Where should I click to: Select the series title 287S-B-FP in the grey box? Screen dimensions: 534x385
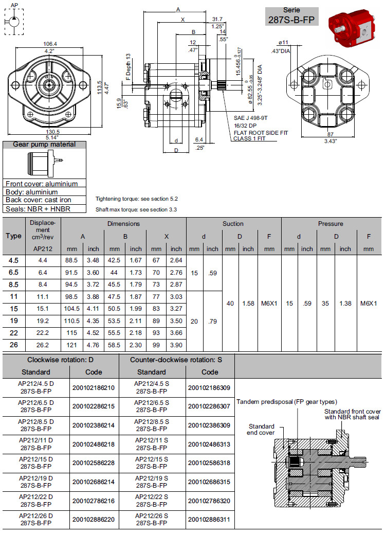pyautogui.click(x=291, y=20)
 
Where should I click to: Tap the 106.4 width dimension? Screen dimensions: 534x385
pyautogui.click(x=50, y=44)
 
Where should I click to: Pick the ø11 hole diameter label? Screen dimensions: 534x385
pyautogui.click(x=284, y=42)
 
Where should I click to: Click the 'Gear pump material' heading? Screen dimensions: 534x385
pyautogui.click(x=44, y=145)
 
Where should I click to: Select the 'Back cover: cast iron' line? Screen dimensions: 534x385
pyautogui.click(x=39, y=200)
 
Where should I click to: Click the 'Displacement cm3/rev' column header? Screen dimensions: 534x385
pyautogui.click(x=43, y=230)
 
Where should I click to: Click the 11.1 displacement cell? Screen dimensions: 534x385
pyautogui.click(x=43, y=297)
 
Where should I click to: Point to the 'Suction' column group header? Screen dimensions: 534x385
pyautogui.click(x=233, y=224)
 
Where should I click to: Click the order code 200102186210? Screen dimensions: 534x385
pyautogui.click(x=94, y=387)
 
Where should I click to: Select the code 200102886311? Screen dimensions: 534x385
pyautogui.click(x=210, y=520)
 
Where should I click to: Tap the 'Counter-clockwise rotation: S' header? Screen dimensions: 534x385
pyautogui.click(x=176, y=360)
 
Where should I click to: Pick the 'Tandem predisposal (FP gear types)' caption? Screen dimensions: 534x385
pyautogui.click(x=287, y=401)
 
